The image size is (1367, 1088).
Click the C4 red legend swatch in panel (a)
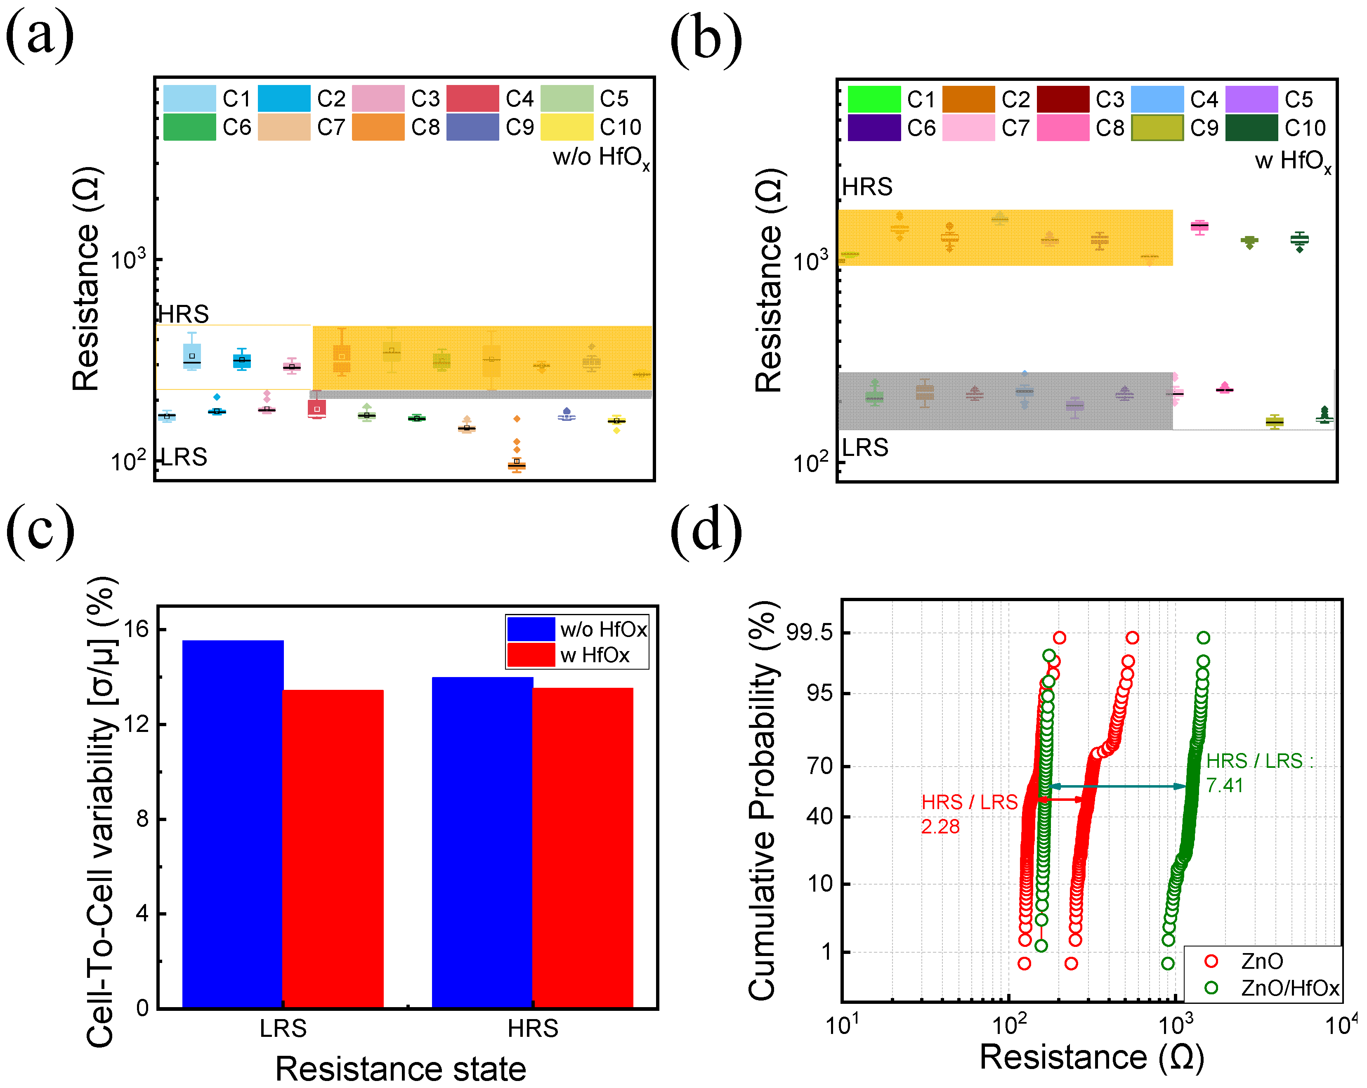point(472,98)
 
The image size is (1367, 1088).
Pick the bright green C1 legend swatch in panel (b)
point(874,99)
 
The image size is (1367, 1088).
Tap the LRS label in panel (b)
point(865,448)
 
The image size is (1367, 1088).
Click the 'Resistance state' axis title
point(400,1069)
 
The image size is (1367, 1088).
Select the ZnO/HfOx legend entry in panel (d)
point(1289,988)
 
